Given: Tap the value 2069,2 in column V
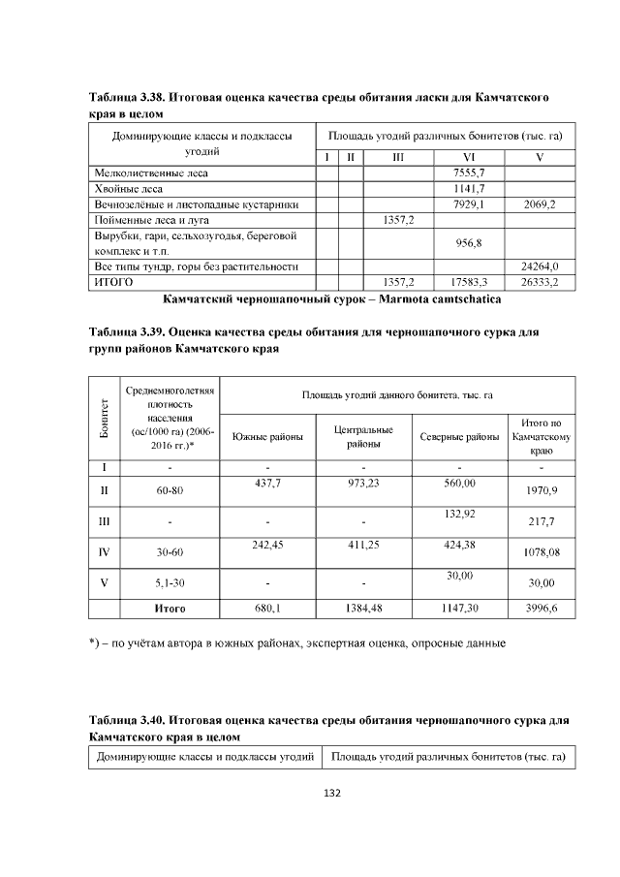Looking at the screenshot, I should click(x=539, y=204).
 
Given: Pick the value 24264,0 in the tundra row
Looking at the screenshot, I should click(x=539, y=266).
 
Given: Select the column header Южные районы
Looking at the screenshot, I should click(x=267, y=437).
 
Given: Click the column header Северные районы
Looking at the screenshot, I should click(x=459, y=437).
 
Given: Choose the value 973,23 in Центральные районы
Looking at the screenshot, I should click(x=362, y=484).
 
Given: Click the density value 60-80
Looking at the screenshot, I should click(x=170, y=491).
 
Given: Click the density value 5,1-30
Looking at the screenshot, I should click(x=170, y=583).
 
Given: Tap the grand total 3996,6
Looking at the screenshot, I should click(x=542, y=610).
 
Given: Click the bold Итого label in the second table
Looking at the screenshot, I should click(x=170, y=610).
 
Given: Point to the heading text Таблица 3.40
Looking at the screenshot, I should click(x=127, y=721).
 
